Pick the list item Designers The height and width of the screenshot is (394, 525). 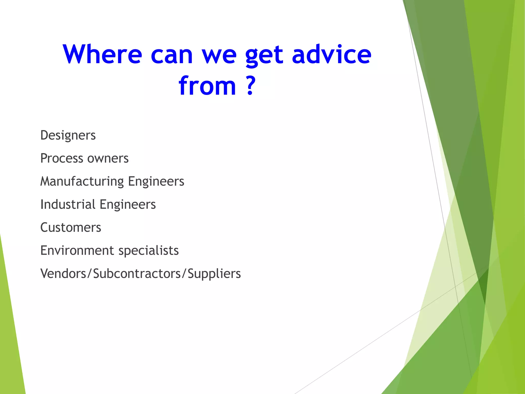pyautogui.click(x=68, y=135)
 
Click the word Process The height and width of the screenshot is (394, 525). pyautogui.click(x=62, y=158)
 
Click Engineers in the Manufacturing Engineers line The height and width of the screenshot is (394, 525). pyautogui.click(x=156, y=182)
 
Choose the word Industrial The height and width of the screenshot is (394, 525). pyautogui.click(x=68, y=204)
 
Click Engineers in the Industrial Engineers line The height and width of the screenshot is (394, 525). pyautogui.click(x=128, y=205)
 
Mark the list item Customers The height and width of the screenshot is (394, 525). pyautogui.click(x=71, y=228)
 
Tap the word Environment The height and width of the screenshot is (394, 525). pyautogui.click(x=77, y=251)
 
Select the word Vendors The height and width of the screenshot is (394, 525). pyautogui.click(x=63, y=273)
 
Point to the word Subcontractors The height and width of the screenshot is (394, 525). pyautogui.click(x=137, y=273)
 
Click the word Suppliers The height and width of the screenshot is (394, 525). pyautogui.click(x=214, y=274)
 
